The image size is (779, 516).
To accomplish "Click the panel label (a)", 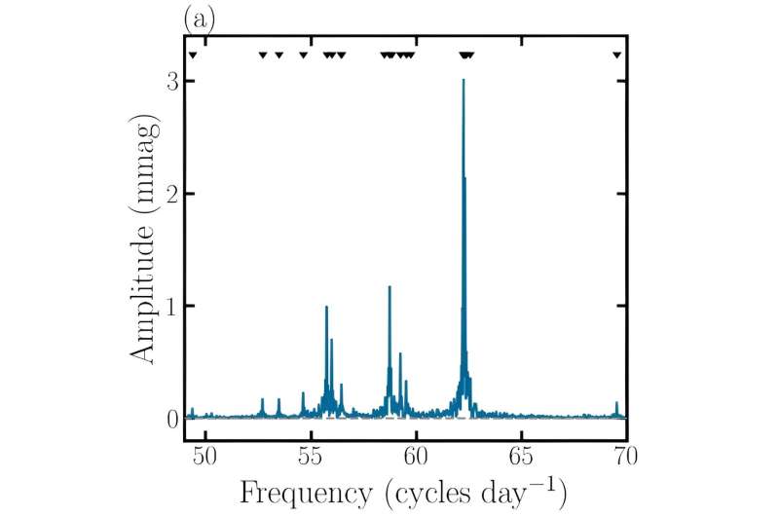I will pos(200,18).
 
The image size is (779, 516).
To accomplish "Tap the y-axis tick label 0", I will pos(172,419).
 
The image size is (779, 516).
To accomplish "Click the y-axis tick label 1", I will pos(172,307).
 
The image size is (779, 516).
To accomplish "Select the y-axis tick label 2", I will pos(172,195).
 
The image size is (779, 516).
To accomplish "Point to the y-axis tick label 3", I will pos(172,83).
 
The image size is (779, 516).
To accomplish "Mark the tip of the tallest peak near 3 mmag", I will pos(464,80).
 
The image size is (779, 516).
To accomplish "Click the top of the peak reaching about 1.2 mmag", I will pos(389,286).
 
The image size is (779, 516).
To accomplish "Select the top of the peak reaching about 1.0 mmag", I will pos(326,307).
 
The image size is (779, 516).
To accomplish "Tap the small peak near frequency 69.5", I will pos(616,403).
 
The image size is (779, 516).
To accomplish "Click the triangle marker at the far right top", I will pos(616,55).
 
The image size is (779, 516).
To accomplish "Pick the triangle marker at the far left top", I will pos(193,55).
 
